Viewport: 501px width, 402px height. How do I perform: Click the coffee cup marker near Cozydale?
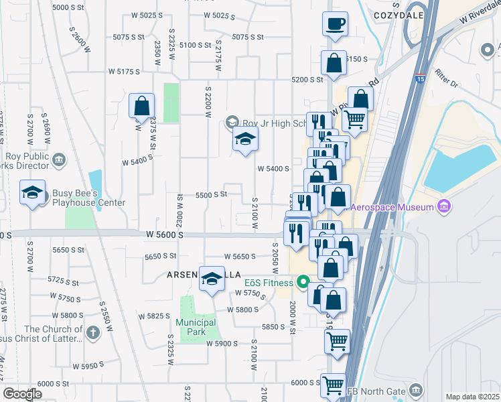pos(334,24)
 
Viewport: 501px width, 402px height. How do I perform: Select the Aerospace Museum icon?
pos(443,206)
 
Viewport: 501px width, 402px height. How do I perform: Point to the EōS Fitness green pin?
pos(302,282)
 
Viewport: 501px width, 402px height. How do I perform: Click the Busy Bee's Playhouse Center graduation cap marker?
pos(32,193)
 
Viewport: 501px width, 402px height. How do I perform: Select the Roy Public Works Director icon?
pos(58,159)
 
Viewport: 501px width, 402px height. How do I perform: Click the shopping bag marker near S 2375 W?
pos(142,105)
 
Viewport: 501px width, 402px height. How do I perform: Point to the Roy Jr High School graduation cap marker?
pos(245,140)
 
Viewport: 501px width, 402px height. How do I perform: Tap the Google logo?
pos(22,394)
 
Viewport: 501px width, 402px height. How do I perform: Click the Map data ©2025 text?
pos(472,397)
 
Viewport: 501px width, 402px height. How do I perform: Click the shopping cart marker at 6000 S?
pos(333,386)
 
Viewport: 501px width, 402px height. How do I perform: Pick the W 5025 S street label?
pos(220,15)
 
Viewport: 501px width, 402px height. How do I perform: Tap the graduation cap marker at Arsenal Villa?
pos(212,279)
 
